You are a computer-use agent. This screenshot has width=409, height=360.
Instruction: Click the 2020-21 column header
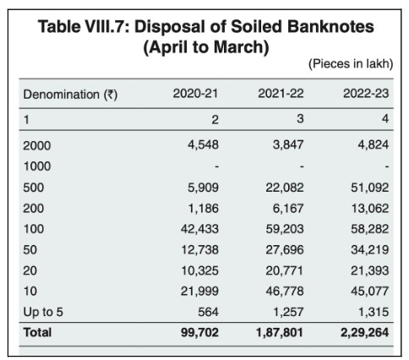click(196, 94)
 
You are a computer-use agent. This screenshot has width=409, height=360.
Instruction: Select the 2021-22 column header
click(281, 94)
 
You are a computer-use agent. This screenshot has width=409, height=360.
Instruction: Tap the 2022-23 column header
click(365, 94)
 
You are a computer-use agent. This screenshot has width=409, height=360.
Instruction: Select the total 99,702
click(199, 332)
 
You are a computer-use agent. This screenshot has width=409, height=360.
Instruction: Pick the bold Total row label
click(37, 332)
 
